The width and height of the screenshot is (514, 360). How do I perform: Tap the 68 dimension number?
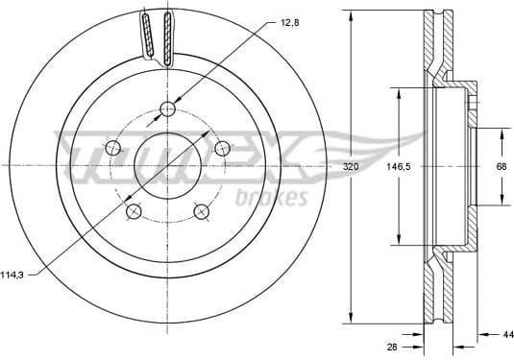[502, 166]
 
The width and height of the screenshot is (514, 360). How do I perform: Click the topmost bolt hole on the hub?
[168, 108]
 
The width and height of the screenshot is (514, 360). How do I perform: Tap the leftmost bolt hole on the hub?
[112, 148]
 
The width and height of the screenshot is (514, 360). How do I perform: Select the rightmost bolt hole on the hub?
[223, 148]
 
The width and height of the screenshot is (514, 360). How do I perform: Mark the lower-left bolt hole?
[134, 212]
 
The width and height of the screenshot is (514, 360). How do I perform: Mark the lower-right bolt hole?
[202, 212]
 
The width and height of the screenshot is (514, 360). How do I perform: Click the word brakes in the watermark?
[272, 198]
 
